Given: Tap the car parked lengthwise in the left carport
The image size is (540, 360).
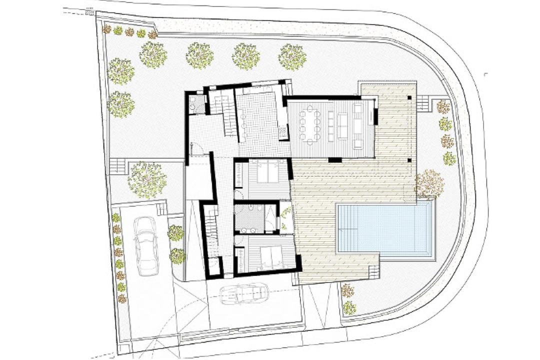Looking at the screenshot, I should click(145, 245).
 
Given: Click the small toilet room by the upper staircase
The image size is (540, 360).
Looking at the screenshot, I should click(197, 104).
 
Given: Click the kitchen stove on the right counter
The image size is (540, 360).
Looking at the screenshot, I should click(283, 132).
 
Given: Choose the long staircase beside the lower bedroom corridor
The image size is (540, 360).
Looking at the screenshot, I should click(211, 235).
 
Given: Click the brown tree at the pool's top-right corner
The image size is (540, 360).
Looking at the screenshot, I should click(429, 183).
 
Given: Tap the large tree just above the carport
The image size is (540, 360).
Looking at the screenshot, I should click(146, 179).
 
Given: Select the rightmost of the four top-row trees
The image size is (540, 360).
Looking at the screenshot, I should click(292, 56).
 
